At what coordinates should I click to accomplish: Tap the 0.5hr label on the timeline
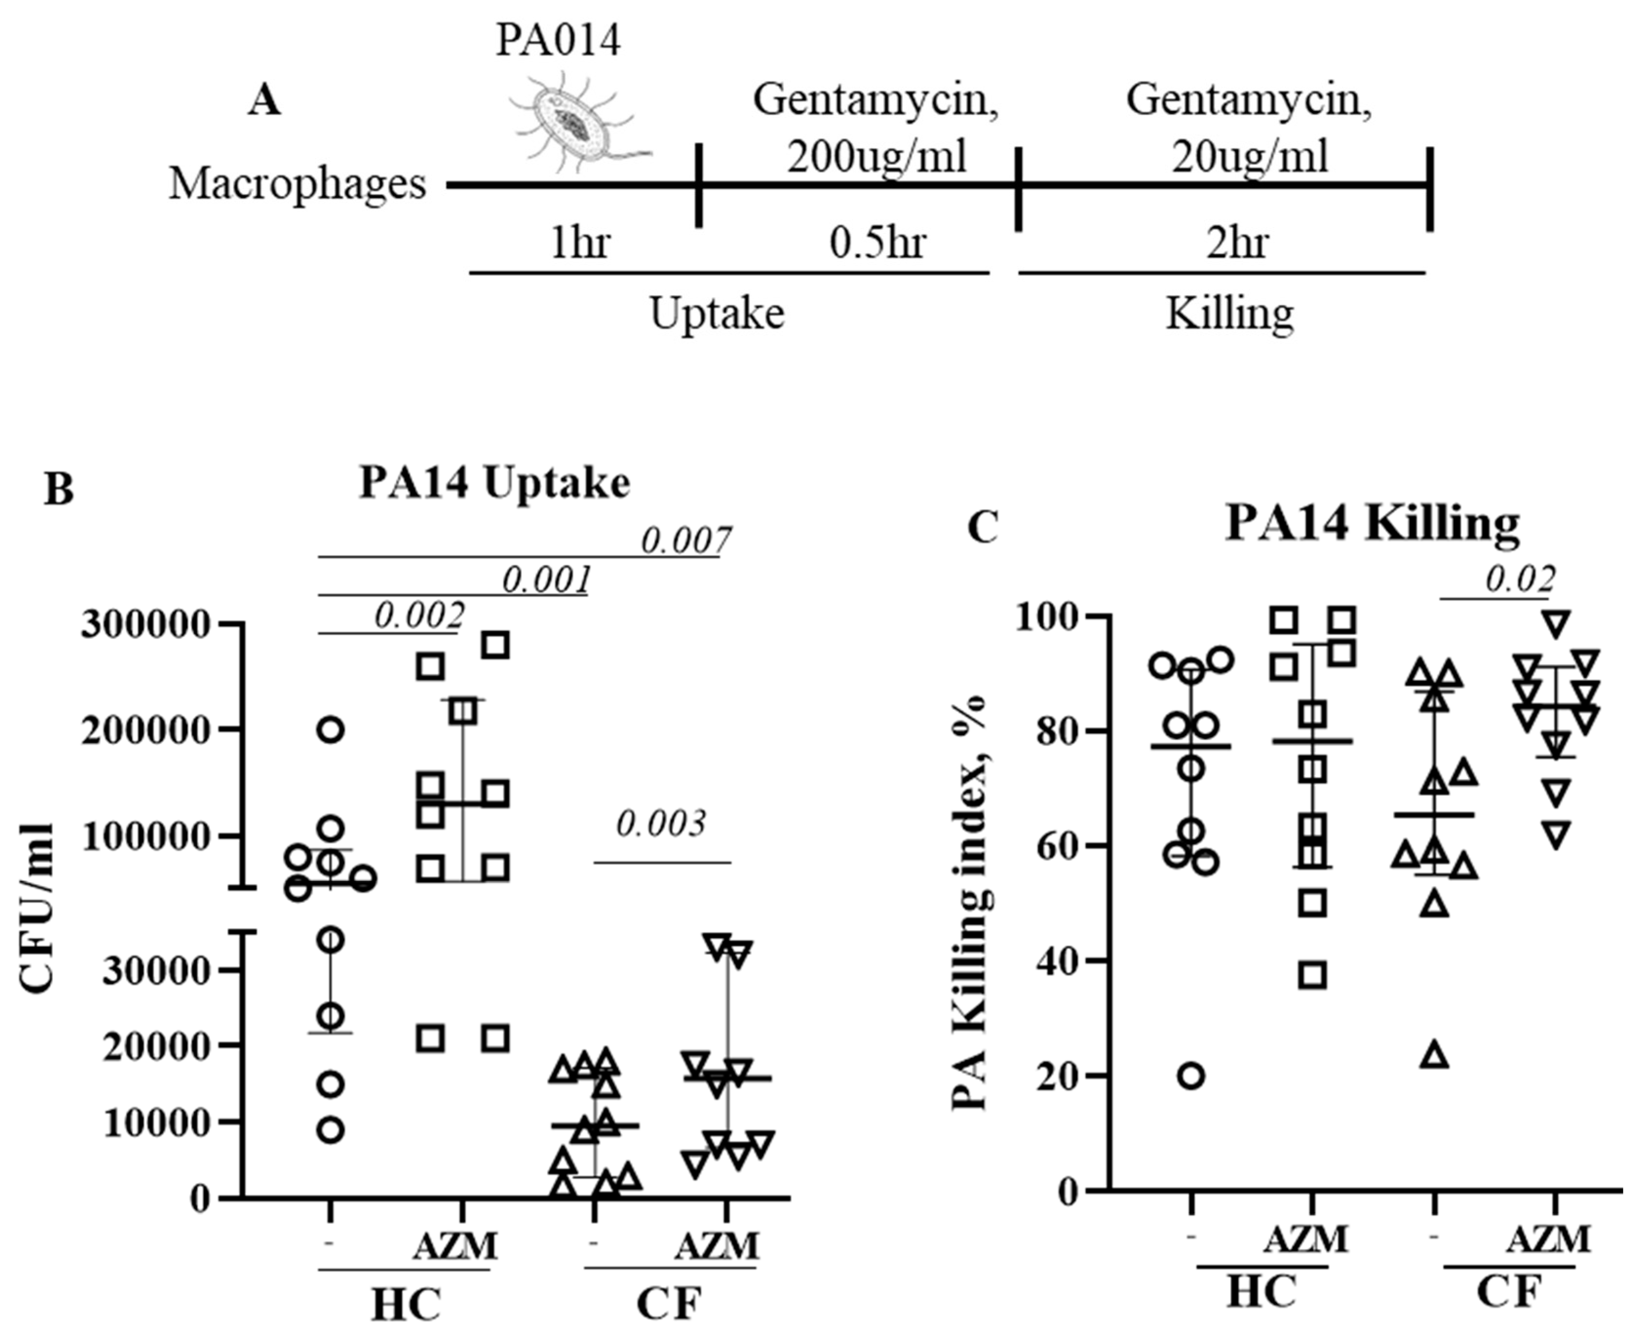click(x=877, y=243)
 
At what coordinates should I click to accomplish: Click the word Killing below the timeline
click(x=1229, y=314)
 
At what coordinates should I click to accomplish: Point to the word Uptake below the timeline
click(x=717, y=314)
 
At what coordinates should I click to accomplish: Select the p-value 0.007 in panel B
click(x=685, y=541)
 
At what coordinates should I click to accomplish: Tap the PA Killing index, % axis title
click(x=970, y=902)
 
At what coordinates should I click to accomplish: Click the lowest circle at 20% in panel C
click(x=1192, y=1075)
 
